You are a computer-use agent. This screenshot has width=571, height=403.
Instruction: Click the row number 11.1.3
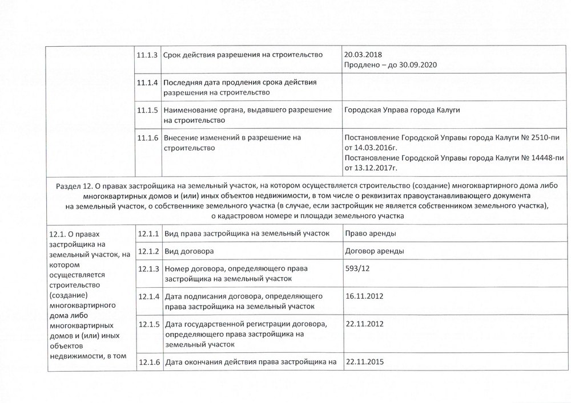point(148,54)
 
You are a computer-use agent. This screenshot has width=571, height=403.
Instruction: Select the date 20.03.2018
point(363,54)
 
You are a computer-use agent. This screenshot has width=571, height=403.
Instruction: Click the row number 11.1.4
point(148,82)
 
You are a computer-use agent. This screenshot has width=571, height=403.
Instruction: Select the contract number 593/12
point(358,269)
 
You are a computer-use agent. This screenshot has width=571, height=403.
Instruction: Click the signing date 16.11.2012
point(364,296)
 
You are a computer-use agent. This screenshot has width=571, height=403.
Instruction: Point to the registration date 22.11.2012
point(364,324)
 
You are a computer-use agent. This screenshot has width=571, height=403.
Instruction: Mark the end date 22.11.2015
point(364,361)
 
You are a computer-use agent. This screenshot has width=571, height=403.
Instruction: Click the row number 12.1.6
point(148,362)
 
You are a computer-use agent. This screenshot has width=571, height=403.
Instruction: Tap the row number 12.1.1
point(148,233)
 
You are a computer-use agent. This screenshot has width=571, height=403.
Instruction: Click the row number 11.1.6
point(148,138)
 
